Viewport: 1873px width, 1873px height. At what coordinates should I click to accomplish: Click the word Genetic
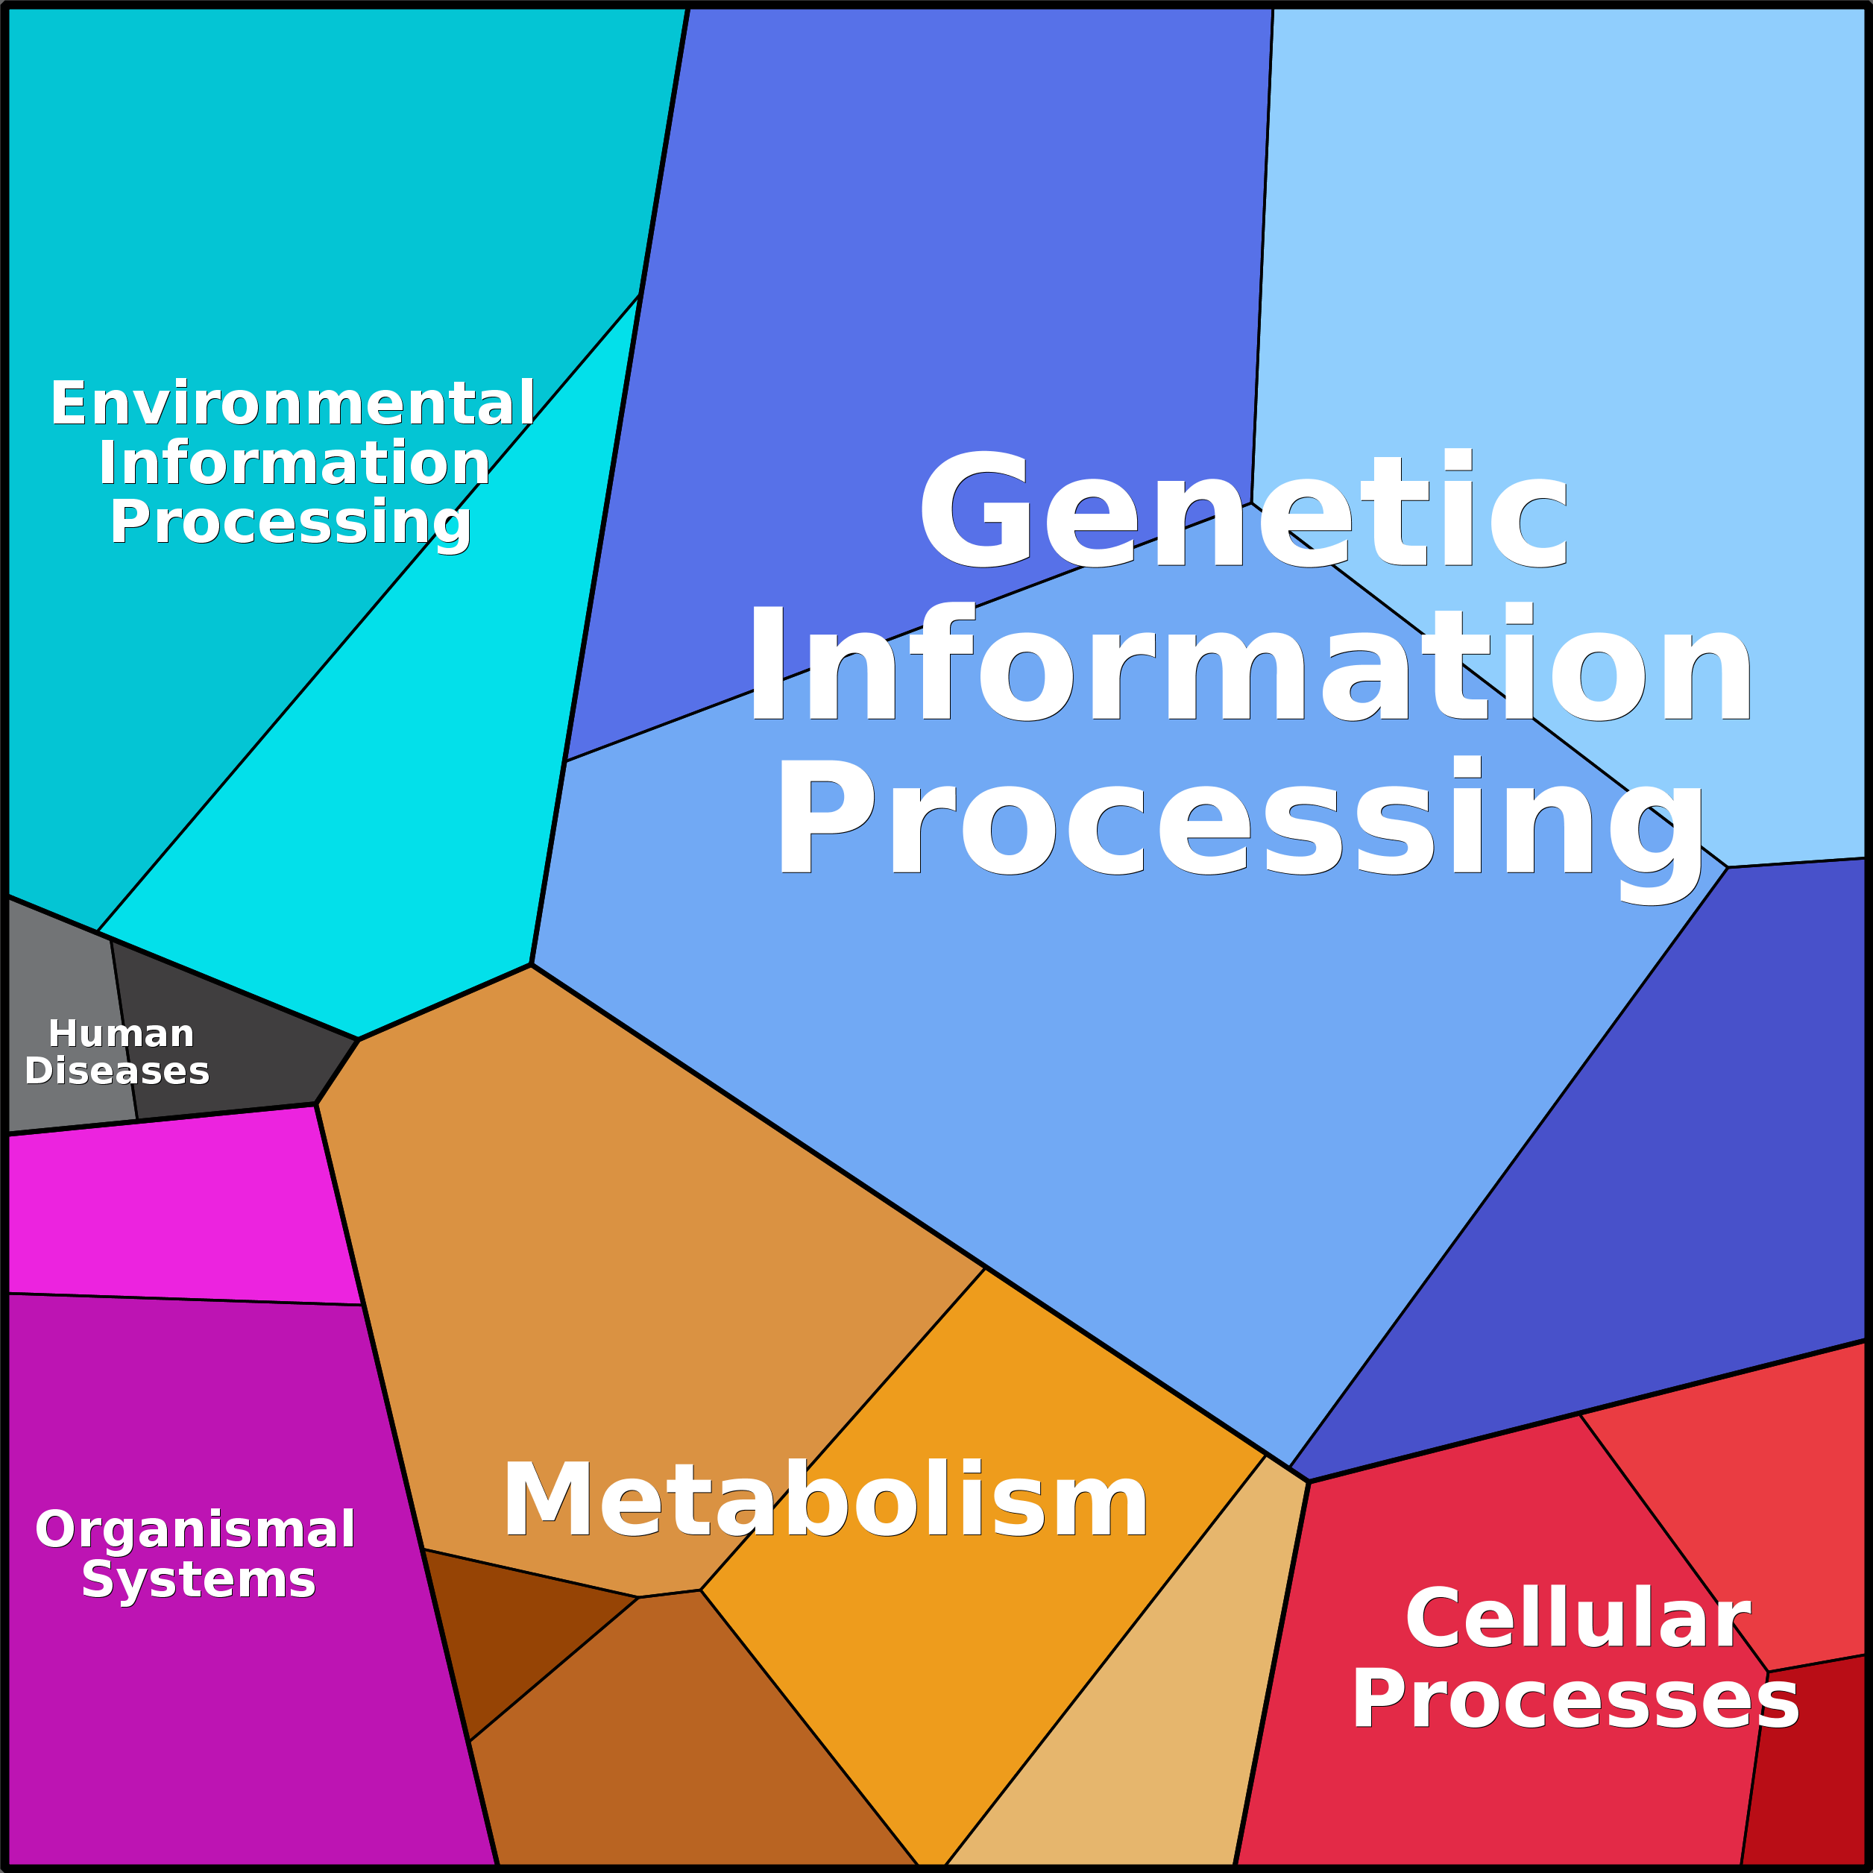pyautogui.click(x=1243, y=511)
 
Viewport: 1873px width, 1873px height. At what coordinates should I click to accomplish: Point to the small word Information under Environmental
pyautogui.click(x=294, y=462)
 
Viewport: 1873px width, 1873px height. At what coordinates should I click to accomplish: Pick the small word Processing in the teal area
pyautogui.click(x=291, y=524)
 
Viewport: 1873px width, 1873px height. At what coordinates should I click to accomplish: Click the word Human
pyautogui.click(x=122, y=1033)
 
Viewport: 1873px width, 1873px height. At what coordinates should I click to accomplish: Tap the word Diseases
pyautogui.click(x=117, y=1071)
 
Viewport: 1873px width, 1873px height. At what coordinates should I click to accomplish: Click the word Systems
pyautogui.click(x=199, y=1581)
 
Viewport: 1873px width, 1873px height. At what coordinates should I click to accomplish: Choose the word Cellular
pyautogui.click(x=1578, y=1618)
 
